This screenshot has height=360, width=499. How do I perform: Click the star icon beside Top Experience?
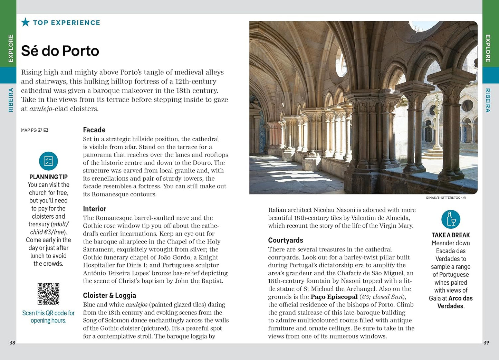point(25,22)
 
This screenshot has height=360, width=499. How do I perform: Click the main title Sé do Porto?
point(60,51)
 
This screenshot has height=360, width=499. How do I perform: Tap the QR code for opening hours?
point(48,294)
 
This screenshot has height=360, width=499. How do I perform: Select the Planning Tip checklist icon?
point(48,161)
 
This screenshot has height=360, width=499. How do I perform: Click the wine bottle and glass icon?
point(451,219)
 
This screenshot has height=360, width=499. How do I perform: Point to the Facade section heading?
point(94,130)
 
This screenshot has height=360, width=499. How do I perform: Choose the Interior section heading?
point(94,209)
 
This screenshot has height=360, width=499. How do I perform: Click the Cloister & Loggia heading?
point(109,295)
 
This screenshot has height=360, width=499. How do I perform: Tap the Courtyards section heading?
point(286,240)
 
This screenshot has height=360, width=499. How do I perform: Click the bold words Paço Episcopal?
point(334,297)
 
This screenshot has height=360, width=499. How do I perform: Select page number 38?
point(12,343)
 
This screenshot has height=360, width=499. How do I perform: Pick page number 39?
point(486,343)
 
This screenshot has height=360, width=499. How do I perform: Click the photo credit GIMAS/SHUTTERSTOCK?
point(445,198)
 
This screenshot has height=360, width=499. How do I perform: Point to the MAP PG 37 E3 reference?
point(35,130)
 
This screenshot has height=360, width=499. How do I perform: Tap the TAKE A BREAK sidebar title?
point(451,235)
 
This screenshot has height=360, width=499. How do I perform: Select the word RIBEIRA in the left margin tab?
point(11,100)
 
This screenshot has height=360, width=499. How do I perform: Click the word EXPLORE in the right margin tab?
point(488,48)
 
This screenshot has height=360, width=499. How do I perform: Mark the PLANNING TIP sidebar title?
point(48,177)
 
